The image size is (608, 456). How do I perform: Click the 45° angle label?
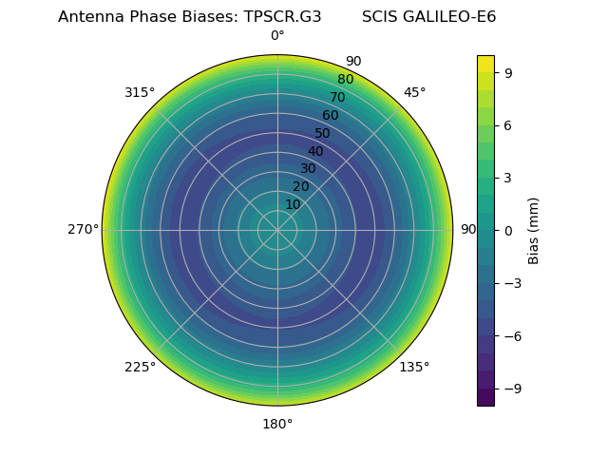[x=414, y=92]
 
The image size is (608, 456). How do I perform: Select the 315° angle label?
[x=140, y=92]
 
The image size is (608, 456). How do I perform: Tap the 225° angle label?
[x=140, y=368]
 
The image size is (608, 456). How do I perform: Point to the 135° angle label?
[x=414, y=368]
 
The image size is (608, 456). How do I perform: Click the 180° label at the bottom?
[x=277, y=424]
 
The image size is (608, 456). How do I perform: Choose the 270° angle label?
[x=83, y=230]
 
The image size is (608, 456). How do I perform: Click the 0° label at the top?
[x=277, y=36]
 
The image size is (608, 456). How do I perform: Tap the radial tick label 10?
[x=293, y=204]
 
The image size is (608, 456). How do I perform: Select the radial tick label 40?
[x=315, y=151]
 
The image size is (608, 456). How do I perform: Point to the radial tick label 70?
[x=337, y=97]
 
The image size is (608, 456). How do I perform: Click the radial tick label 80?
[x=345, y=80]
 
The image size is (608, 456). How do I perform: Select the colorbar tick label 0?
[x=508, y=230]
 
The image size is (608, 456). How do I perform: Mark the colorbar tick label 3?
[x=508, y=178]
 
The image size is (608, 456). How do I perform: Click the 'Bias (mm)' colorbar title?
[x=534, y=230]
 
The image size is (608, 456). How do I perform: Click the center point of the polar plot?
[x=277, y=230]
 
